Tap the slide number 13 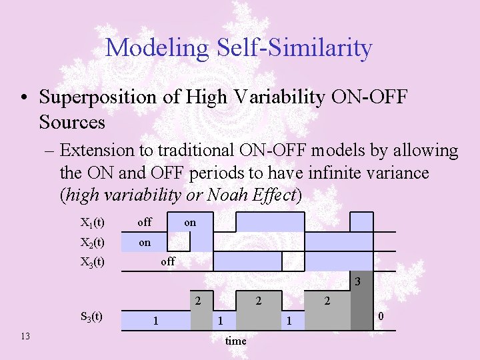click(25, 336)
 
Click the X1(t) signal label click(93, 223)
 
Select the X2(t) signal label click(93, 243)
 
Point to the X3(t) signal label click(93, 262)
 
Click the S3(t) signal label click(91, 316)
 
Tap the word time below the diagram click(236, 341)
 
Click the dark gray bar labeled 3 click(362, 301)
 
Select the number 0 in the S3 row click(381, 316)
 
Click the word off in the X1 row click(145, 222)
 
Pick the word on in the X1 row click(190, 223)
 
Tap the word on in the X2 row click(145, 243)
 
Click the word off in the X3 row click(168, 261)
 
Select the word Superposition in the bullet click(97, 98)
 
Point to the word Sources click(72, 122)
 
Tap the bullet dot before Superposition click(25, 98)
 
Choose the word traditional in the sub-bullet click(196, 150)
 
